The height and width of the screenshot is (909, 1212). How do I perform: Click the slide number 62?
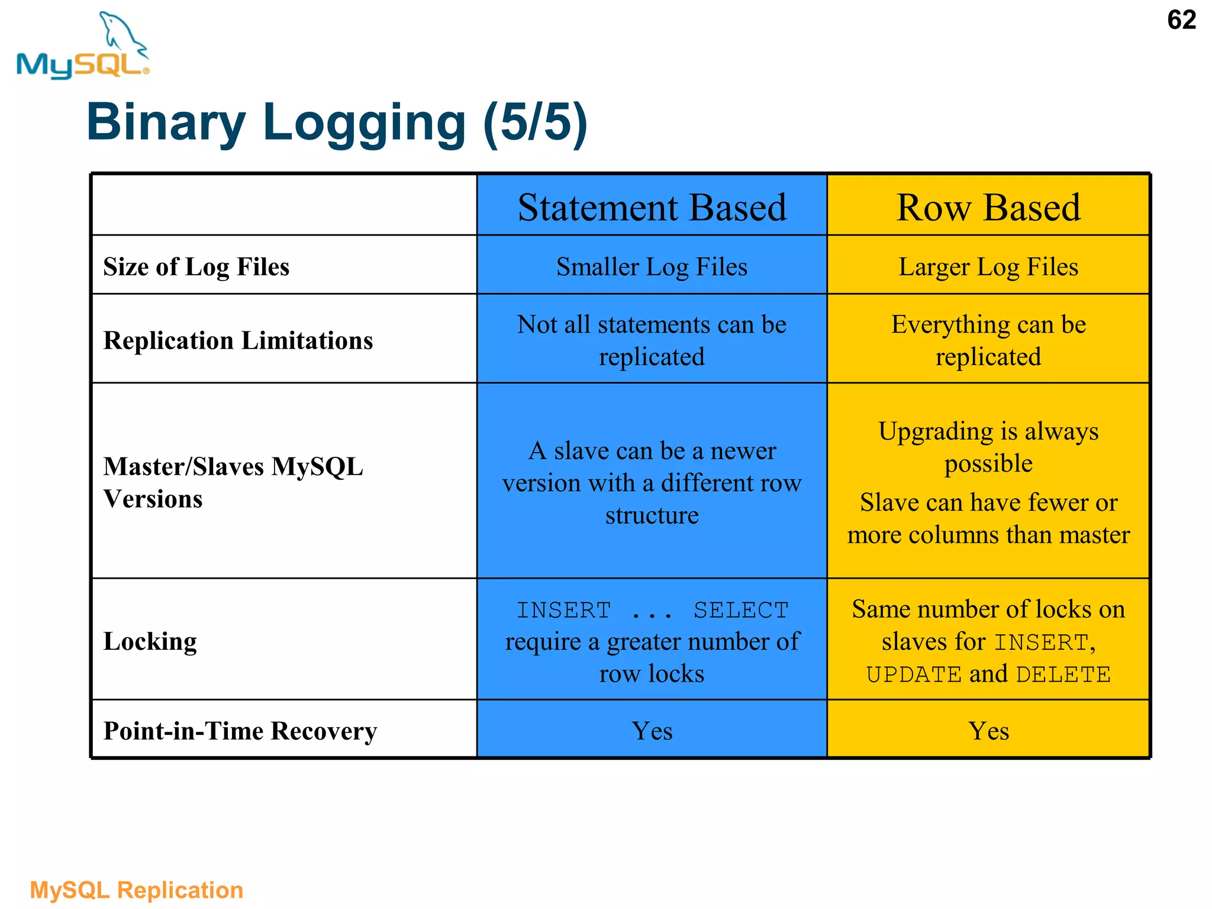click(1181, 20)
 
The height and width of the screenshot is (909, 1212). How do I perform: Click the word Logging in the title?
click(364, 123)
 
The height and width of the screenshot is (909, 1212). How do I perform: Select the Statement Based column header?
click(652, 207)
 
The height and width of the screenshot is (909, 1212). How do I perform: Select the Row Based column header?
click(988, 207)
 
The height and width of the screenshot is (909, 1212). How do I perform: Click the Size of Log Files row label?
click(196, 266)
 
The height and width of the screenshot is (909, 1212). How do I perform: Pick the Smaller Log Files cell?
click(652, 266)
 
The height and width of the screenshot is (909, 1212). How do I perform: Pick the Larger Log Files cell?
click(988, 266)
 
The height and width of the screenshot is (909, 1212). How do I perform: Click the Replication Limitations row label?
click(238, 340)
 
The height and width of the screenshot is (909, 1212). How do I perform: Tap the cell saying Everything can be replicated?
click(988, 340)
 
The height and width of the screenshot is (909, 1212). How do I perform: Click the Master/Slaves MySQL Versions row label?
click(233, 482)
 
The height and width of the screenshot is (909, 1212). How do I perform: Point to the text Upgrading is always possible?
click(988, 447)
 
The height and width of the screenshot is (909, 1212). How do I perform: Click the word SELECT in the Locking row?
click(741, 610)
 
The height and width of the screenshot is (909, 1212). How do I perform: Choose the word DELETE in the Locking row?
click(1063, 675)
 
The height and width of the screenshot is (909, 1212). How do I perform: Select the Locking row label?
click(150, 642)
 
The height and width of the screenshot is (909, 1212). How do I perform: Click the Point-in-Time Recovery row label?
click(240, 731)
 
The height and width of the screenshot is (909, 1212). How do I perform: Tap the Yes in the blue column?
click(652, 731)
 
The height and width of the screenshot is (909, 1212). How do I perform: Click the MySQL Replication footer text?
click(137, 890)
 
